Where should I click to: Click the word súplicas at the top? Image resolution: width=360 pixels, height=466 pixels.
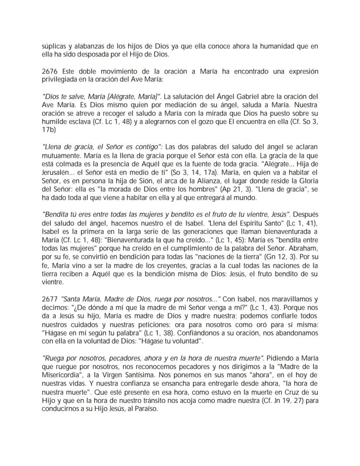click(x=53, y=47)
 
